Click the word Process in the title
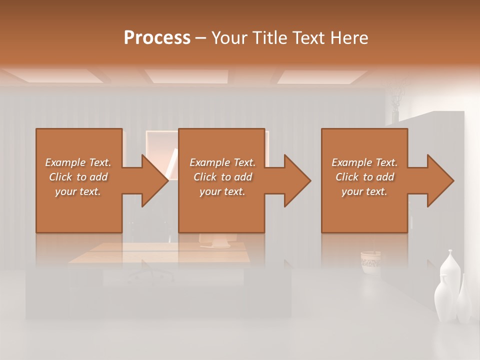(157, 38)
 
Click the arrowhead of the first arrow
(155, 180)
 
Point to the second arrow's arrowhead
(298, 180)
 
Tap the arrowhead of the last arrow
(441, 180)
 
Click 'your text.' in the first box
(78, 191)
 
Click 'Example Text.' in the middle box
(222, 162)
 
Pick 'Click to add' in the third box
(365, 177)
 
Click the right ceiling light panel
(322, 76)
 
